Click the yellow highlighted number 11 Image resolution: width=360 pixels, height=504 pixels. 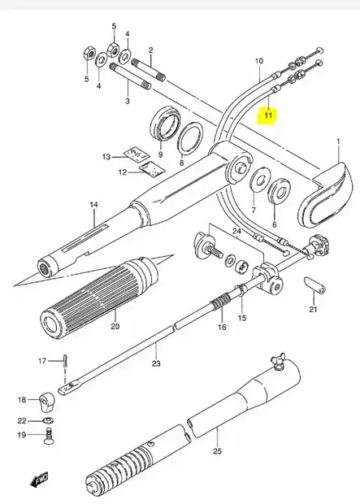coord(267,117)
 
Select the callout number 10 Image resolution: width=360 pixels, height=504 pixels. coord(259,61)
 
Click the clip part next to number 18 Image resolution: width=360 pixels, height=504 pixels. coord(48,400)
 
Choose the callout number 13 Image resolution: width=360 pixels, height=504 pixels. coord(106,157)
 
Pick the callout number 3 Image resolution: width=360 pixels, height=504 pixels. coord(127,101)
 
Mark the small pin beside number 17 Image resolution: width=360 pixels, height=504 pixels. coord(63,360)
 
